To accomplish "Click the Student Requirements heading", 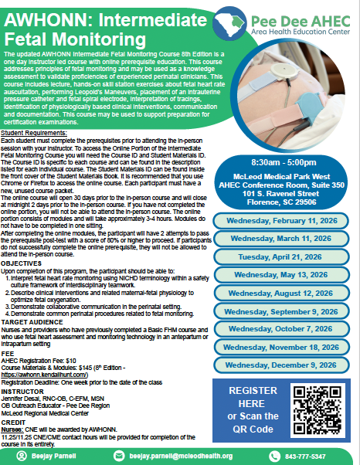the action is (34, 110).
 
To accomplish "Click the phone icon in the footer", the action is (279, 457).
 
